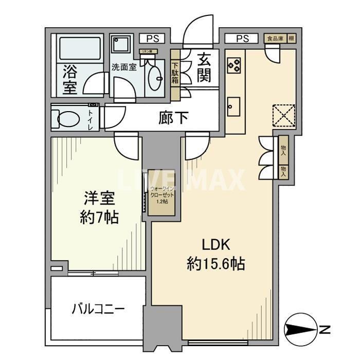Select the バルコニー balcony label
[x=98, y=310]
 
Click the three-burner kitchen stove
[x=233, y=64]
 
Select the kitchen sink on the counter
[x=235, y=105]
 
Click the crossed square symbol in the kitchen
[x=283, y=115]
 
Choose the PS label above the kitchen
[x=243, y=39]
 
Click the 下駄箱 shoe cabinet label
[x=175, y=73]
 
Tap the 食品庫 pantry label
[x=273, y=39]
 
